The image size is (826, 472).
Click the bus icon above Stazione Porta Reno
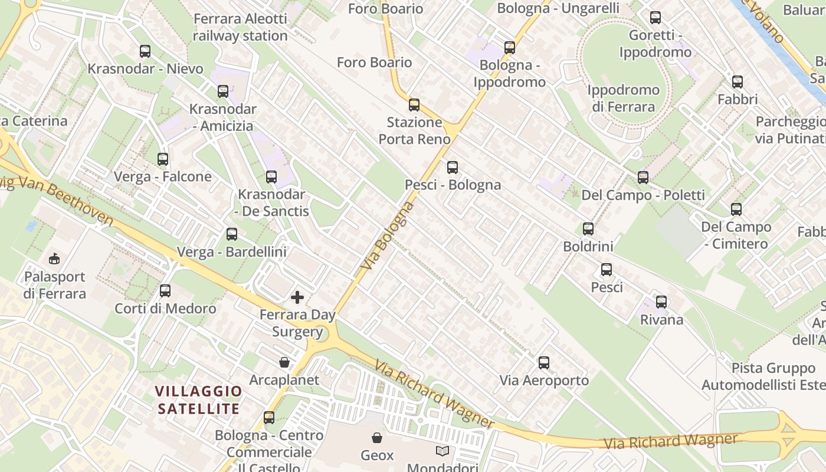coord(414,105)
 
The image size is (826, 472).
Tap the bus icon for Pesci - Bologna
coord(453,168)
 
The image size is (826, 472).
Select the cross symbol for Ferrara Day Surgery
coord(297,297)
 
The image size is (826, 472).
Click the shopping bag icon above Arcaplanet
coord(284,362)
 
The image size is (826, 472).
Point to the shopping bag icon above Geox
coord(376,438)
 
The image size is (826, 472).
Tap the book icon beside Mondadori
coord(442,451)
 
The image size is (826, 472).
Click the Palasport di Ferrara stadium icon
coord(54,258)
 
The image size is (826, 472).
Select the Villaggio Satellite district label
coord(199,399)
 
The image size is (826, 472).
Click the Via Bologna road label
coord(385,236)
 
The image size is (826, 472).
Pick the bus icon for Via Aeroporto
coord(544,363)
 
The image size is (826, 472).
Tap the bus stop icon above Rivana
coord(661,302)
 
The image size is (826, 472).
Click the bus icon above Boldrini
coord(588,229)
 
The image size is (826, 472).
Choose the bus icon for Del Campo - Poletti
coord(643,177)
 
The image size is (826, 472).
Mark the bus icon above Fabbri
coord(737,82)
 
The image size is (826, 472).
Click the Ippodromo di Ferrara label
coord(624,99)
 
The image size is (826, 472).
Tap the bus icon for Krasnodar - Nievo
coord(145,51)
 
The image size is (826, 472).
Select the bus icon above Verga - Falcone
coord(163,159)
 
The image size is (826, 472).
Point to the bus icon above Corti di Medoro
coord(165,291)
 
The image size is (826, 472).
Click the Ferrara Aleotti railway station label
coord(240,27)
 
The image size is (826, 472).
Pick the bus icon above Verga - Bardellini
coord(232,234)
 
